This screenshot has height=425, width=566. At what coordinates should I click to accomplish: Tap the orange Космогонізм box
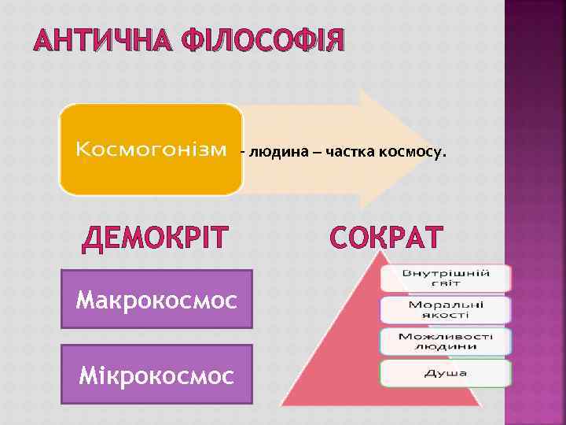point(150,150)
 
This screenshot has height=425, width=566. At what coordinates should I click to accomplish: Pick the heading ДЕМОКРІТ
point(166,238)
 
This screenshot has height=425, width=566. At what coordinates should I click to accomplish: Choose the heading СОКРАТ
point(386,238)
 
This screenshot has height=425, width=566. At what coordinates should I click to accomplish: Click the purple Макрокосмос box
point(156,299)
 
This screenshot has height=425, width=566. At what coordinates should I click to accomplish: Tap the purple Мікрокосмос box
point(156,375)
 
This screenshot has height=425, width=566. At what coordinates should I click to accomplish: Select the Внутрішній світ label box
point(446,277)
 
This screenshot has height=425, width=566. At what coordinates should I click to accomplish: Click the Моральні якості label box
point(446,309)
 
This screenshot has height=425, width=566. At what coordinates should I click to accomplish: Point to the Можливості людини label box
point(446,341)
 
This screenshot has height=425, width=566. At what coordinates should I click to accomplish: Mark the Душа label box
point(446,372)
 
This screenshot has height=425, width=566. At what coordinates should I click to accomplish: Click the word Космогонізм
point(150,150)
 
